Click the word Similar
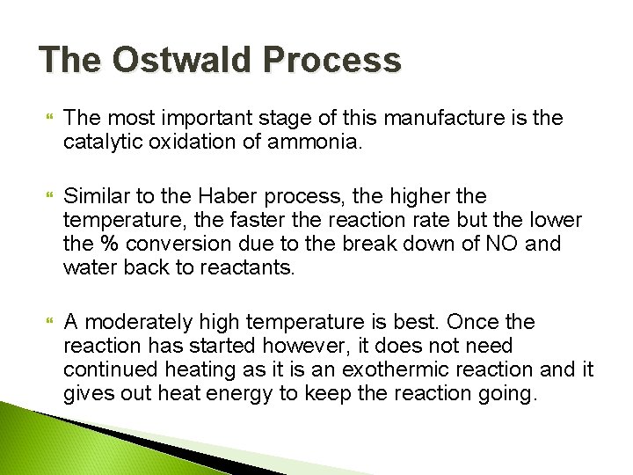tap(96, 194)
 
